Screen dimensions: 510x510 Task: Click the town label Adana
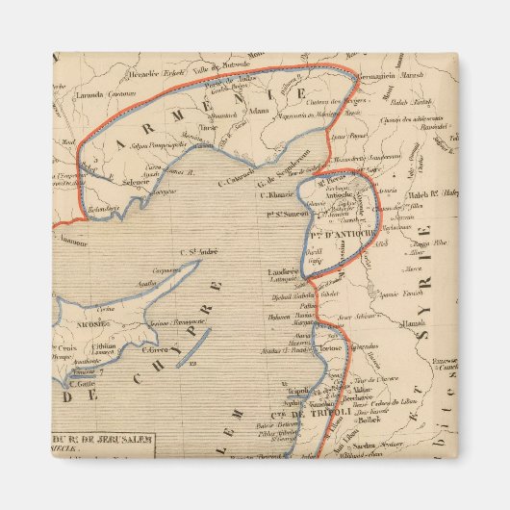(x=257, y=111)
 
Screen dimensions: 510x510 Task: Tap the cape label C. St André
(x=198, y=252)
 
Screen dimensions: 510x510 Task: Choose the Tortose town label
(x=329, y=346)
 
